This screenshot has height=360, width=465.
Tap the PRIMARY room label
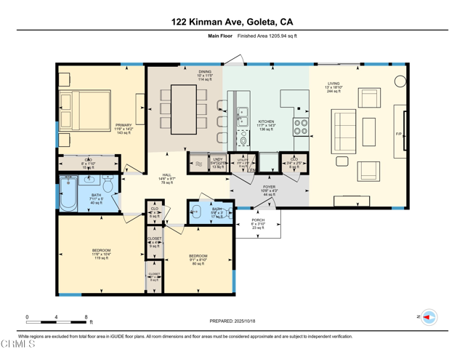point(124,125)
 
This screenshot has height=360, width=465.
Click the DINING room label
point(205,72)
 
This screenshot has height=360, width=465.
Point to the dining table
point(182,110)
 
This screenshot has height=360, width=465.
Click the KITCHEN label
point(267,121)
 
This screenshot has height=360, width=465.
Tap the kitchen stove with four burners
point(301,127)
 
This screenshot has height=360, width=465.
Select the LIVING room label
point(333,84)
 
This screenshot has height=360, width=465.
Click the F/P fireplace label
point(398,135)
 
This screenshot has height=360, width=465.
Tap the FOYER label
point(269,187)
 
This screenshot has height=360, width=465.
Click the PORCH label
point(258,220)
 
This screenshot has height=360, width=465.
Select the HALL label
point(167,175)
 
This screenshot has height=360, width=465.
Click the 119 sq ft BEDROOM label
point(101,250)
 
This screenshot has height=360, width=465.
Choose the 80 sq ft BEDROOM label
point(198,256)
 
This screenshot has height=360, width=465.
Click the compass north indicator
point(429,317)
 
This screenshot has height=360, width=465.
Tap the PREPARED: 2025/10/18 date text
point(232,321)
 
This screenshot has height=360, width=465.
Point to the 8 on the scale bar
point(86,317)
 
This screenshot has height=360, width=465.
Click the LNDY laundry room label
point(217,159)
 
